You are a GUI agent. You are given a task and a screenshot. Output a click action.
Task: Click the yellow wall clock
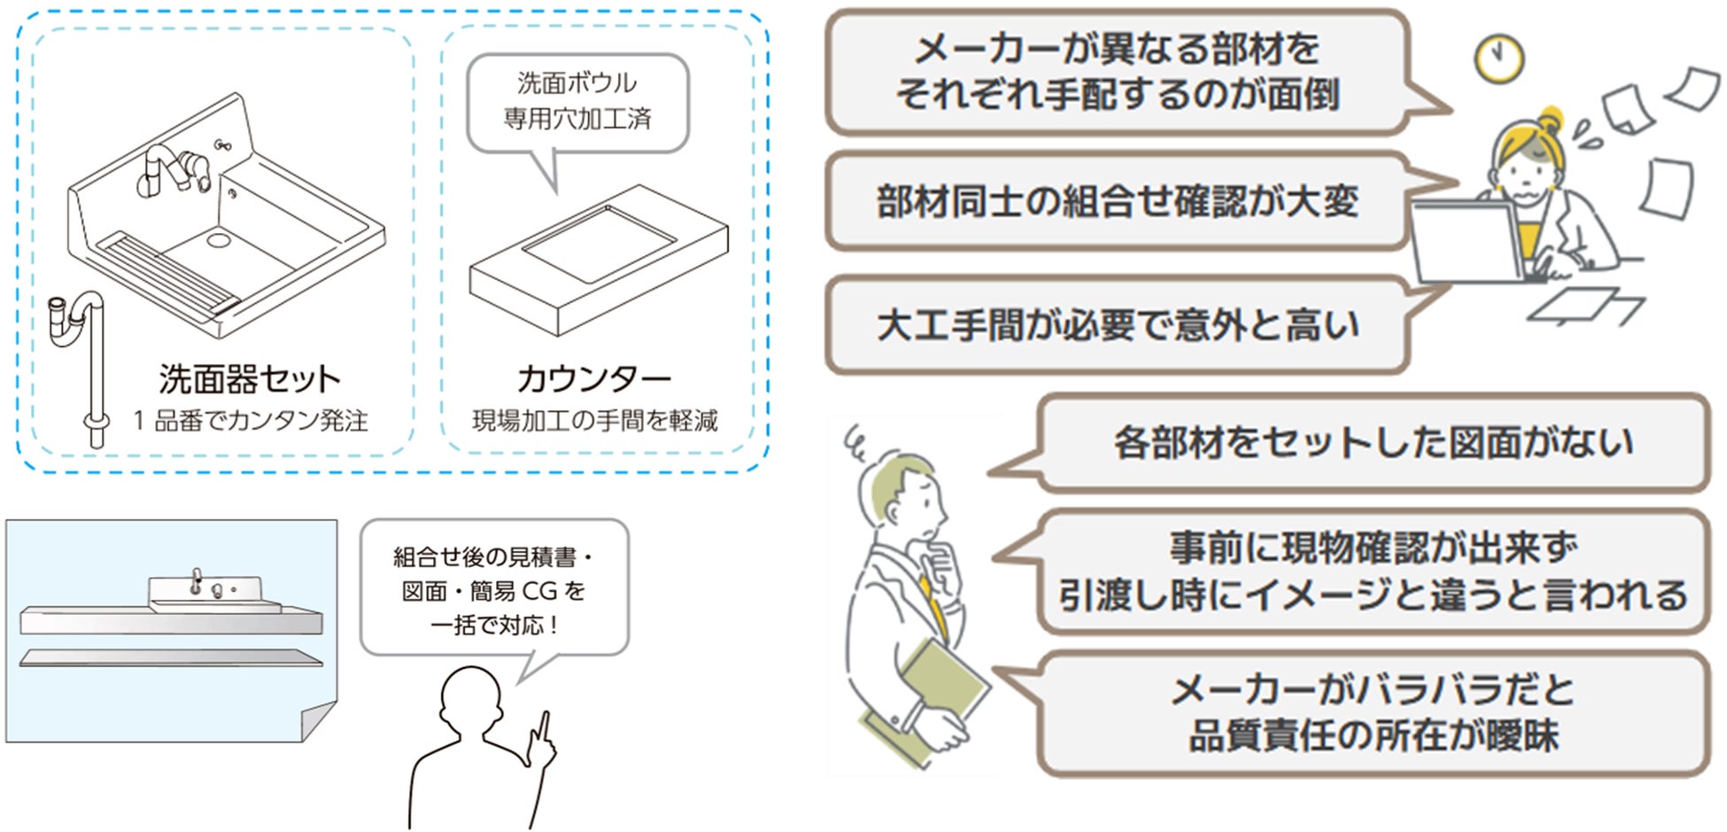[1499, 59]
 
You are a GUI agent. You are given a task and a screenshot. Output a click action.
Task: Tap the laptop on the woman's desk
[1466, 241]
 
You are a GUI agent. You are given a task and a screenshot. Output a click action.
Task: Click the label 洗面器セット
[250, 379]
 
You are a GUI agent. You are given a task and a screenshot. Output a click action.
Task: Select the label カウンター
[594, 379]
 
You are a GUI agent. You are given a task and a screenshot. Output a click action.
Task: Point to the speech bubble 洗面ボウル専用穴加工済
[577, 101]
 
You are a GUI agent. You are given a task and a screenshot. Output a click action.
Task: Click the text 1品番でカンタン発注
[251, 421]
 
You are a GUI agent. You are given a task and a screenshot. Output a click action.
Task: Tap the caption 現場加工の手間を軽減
[595, 421]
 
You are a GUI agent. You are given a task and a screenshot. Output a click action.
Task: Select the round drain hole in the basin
[218, 238]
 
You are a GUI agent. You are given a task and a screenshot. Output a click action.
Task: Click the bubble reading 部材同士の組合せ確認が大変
[1117, 202]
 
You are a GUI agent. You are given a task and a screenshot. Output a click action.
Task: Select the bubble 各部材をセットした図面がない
[1372, 442]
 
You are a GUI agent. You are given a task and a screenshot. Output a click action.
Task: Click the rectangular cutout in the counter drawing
[599, 244]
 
